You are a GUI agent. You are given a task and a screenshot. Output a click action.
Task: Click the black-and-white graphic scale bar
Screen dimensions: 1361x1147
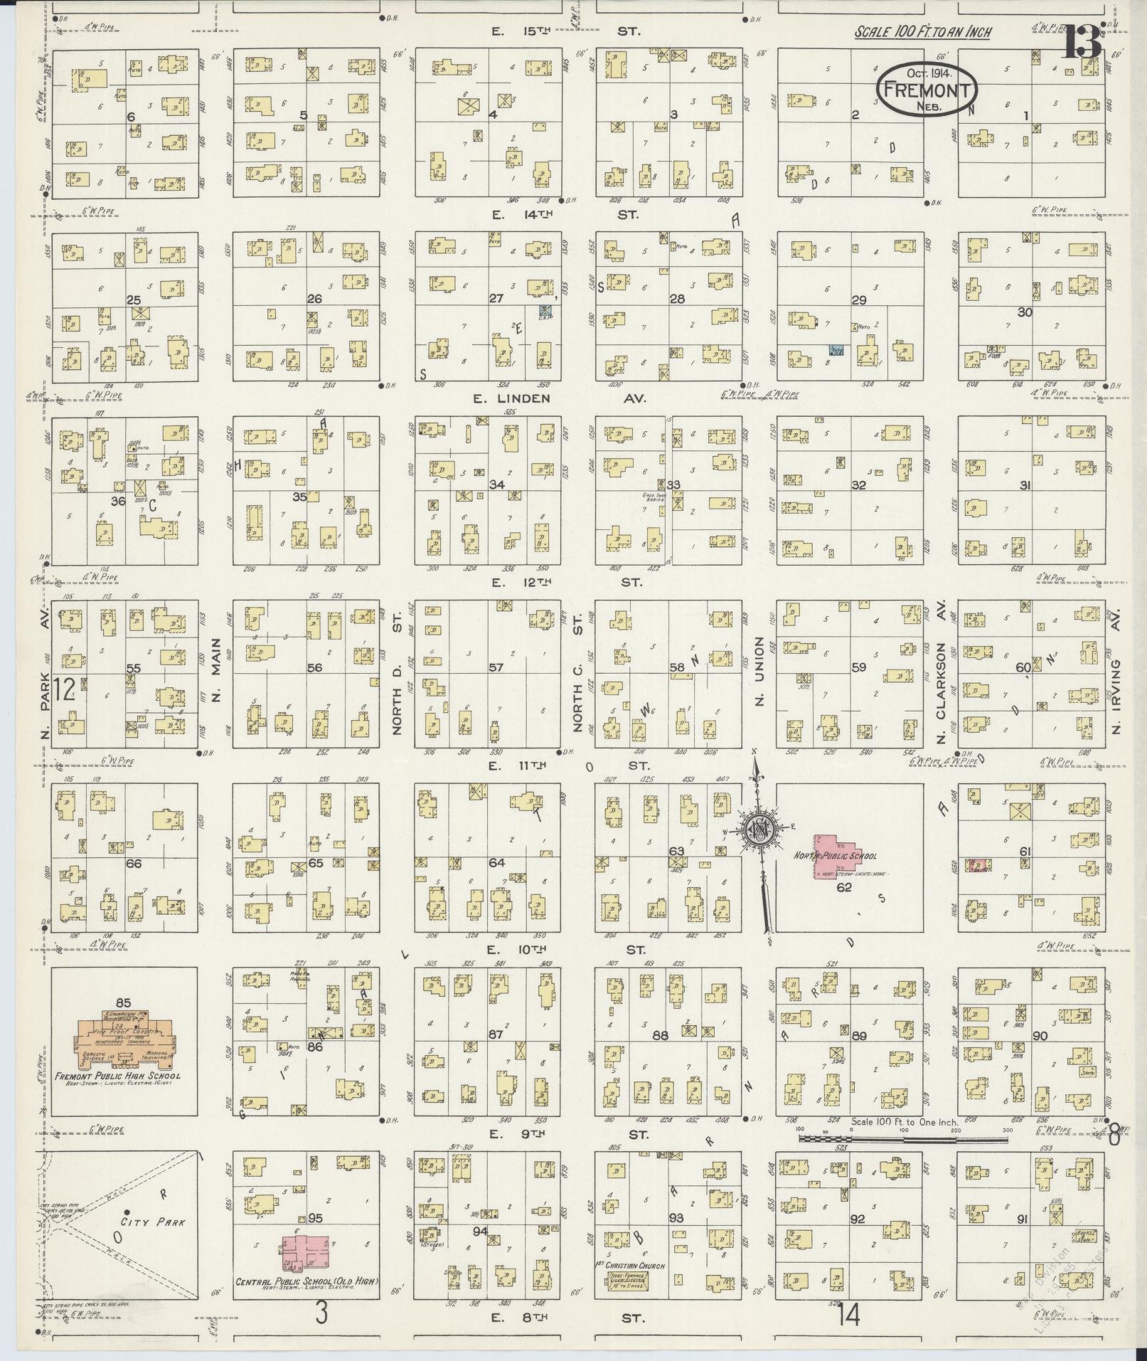click(903, 1139)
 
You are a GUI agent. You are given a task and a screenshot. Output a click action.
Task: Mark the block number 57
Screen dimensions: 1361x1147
click(496, 667)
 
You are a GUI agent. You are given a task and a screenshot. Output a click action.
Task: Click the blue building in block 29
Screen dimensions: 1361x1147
click(837, 350)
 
